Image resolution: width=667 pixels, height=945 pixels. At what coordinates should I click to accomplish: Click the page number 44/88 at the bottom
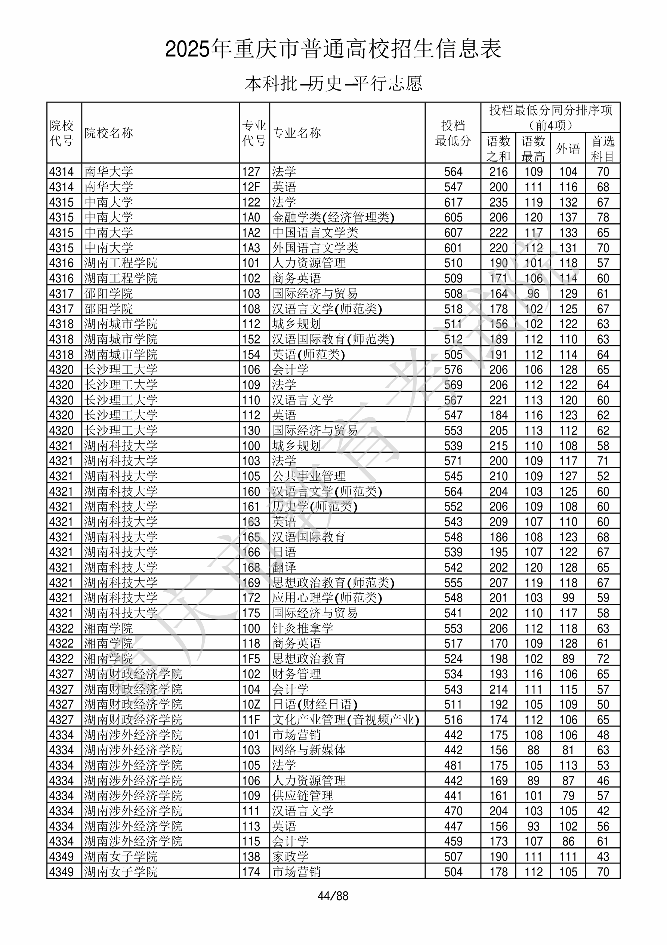[333, 896]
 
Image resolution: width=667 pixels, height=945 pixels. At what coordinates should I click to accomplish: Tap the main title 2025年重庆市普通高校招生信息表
[333, 49]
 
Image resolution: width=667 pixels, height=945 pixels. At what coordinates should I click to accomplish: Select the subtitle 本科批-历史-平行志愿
[333, 83]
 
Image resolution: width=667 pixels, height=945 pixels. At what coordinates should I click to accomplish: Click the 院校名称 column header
[109, 133]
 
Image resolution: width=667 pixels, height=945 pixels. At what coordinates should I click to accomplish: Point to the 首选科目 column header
[602, 149]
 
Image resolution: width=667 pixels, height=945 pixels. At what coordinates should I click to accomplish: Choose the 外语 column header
[568, 149]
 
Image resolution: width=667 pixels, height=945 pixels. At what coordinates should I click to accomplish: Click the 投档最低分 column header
[453, 133]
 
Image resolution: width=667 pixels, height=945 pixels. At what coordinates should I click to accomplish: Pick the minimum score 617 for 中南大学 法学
[453, 202]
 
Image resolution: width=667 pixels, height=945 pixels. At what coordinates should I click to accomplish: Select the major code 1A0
[251, 218]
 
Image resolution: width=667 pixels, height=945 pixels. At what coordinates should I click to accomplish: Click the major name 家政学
[290, 856]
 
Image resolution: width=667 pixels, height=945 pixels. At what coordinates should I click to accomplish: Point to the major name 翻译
[284, 568]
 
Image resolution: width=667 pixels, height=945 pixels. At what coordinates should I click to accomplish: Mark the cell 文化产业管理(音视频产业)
[345, 720]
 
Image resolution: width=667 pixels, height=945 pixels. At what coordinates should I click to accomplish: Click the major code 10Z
[251, 704]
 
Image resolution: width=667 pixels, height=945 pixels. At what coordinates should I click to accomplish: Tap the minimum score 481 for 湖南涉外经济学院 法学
[453, 765]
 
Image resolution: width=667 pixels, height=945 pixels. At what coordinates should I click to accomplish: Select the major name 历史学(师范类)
[315, 507]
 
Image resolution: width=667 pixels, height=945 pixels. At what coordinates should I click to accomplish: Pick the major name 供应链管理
[303, 796]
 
